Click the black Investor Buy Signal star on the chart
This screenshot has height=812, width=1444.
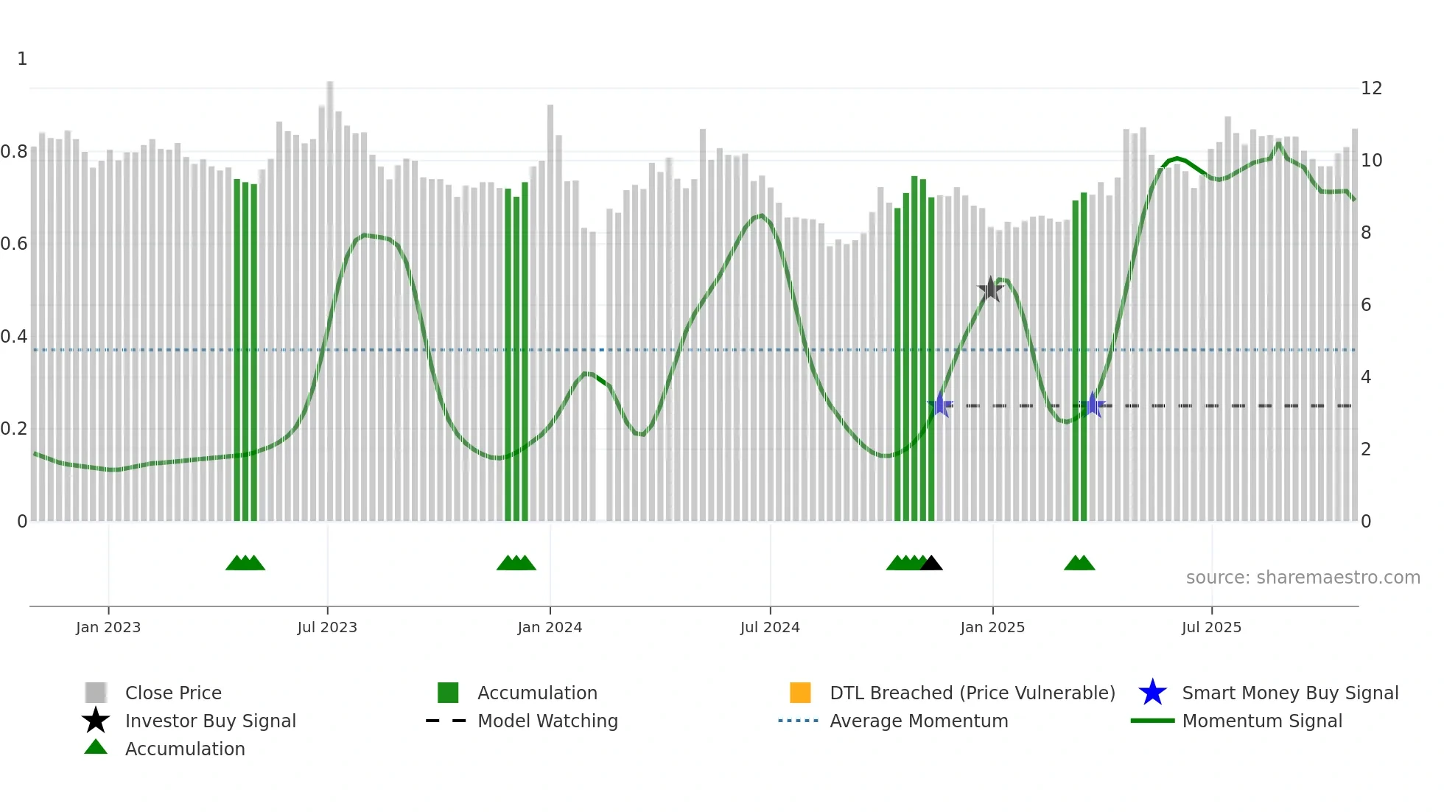coord(990,290)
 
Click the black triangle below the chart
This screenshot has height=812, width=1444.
coord(931,564)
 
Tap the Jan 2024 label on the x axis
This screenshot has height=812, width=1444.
coord(550,627)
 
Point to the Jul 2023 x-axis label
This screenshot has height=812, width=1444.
coord(327,627)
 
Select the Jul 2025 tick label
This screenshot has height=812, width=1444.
coord(1211,627)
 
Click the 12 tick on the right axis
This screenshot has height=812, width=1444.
coord(1371,88)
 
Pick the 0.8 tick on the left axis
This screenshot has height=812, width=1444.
coord(14,152)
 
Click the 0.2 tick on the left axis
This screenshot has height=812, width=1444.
coord(14,429)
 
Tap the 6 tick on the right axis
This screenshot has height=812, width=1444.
coord(1366,305)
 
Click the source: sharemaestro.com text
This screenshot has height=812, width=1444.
coord(1303,578)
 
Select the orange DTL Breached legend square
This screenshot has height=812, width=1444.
coord(800,693)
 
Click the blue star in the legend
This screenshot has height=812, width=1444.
coord(1152,693)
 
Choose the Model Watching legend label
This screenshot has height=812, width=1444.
coord(547,721)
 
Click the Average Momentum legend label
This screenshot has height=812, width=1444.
coord(919,721)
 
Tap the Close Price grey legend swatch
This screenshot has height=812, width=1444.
coord(96,693)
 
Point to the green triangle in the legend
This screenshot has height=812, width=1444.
coord(96,747)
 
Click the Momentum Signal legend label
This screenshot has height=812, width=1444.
coord(1262,721)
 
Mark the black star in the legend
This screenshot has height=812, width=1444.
coord(96,721)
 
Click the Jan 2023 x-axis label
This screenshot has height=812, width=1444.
coord(108,627)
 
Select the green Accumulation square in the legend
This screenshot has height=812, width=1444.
coord(448,693)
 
